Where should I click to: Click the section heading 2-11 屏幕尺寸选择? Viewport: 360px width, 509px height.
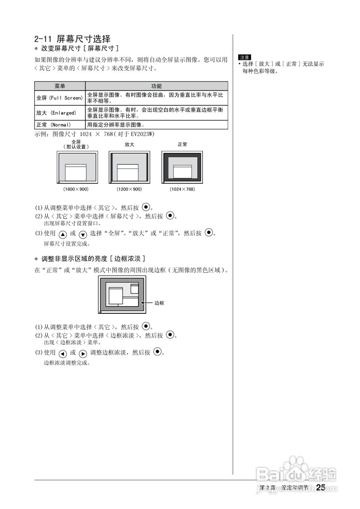click(72, 39)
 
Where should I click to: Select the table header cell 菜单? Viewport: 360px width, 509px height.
click(60, 86)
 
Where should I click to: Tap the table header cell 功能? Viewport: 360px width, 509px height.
click(156, 86)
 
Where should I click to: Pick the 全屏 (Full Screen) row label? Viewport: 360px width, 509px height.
click(60, 97)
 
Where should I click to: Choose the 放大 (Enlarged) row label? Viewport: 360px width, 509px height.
click(56, 113)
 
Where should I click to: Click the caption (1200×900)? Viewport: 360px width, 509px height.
click(129, 189)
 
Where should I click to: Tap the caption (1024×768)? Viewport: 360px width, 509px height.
click(183, 189)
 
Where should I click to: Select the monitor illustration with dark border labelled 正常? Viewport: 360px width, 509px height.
click(183, 167)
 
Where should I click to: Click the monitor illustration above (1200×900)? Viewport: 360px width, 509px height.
click(129, 167)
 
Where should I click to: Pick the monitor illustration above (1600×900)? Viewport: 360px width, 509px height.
click(77, 167)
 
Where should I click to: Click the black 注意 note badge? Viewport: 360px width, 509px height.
click(245, 57)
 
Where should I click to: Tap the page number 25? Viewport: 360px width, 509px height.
click(321, 488)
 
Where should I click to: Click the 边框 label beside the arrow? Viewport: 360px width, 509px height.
click(159, 303)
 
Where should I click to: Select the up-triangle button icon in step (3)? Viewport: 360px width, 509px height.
click(62, 234)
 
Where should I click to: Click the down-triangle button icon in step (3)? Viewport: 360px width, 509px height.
click(83, 234)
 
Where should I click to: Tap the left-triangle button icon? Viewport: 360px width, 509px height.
click(62, 354)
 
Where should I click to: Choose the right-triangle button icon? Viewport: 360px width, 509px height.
click(83, 354)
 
